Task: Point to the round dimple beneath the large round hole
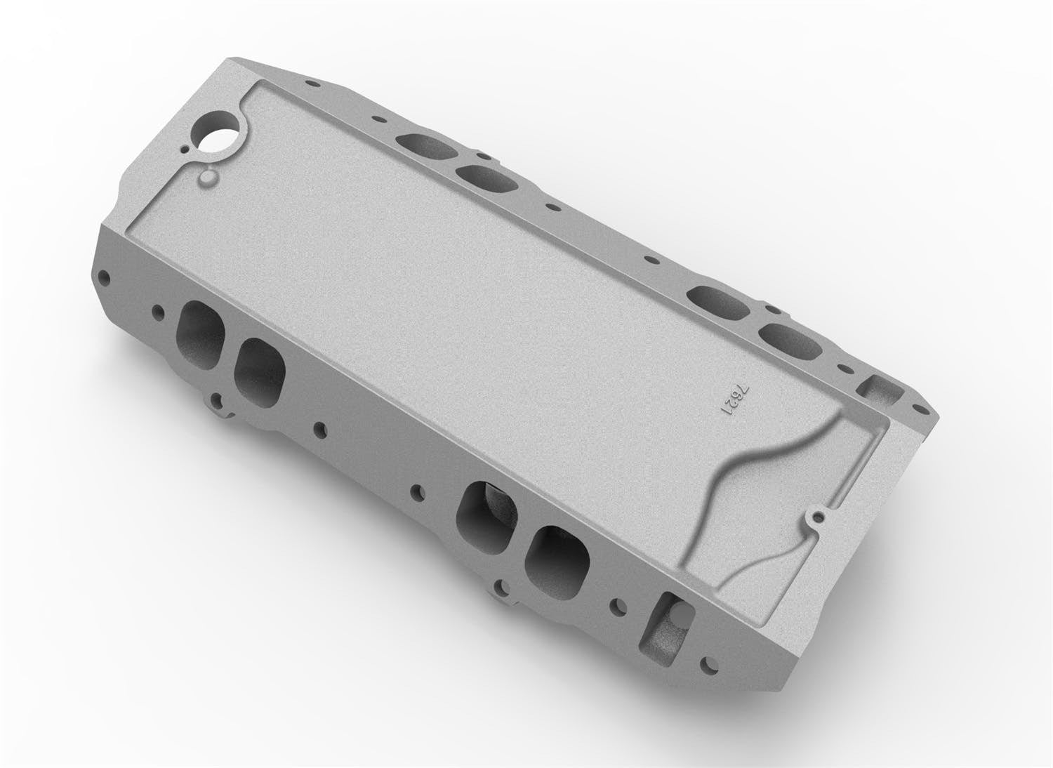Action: (x=208, y=178)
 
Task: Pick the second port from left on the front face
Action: (x=260, y=371)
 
